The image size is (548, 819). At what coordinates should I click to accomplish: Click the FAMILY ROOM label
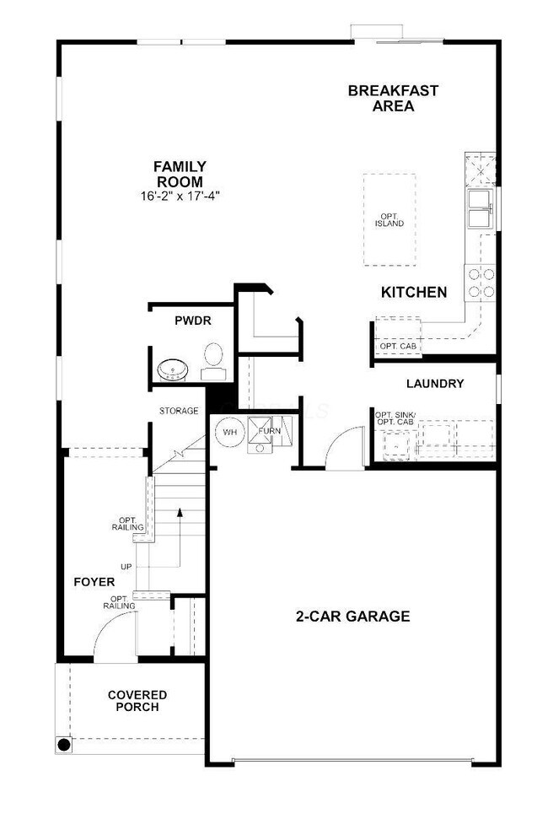(179, 174)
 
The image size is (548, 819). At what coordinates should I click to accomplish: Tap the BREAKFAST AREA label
(393, 99)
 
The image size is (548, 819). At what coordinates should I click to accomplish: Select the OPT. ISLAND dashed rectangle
(390, 219)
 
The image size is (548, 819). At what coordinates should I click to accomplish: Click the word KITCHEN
(414, 293)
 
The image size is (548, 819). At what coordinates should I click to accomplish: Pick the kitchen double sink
(480, 208)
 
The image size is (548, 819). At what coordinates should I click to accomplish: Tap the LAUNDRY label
(435, 384)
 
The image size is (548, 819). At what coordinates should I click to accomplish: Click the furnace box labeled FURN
(268, 432)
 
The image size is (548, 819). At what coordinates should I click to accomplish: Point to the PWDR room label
(191, 321)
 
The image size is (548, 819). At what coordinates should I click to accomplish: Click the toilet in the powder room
(213, 357)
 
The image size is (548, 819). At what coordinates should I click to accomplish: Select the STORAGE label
(179, 411)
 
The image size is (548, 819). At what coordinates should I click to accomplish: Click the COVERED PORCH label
(137, 700)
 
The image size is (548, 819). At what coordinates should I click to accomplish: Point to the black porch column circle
(64, 745)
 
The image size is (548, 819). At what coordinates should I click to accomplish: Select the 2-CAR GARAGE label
(352, 617)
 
